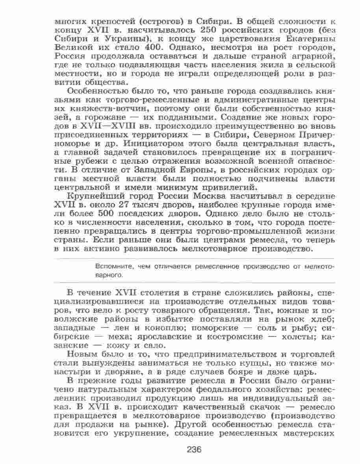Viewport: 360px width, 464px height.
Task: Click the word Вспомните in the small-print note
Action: pos(113,266)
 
